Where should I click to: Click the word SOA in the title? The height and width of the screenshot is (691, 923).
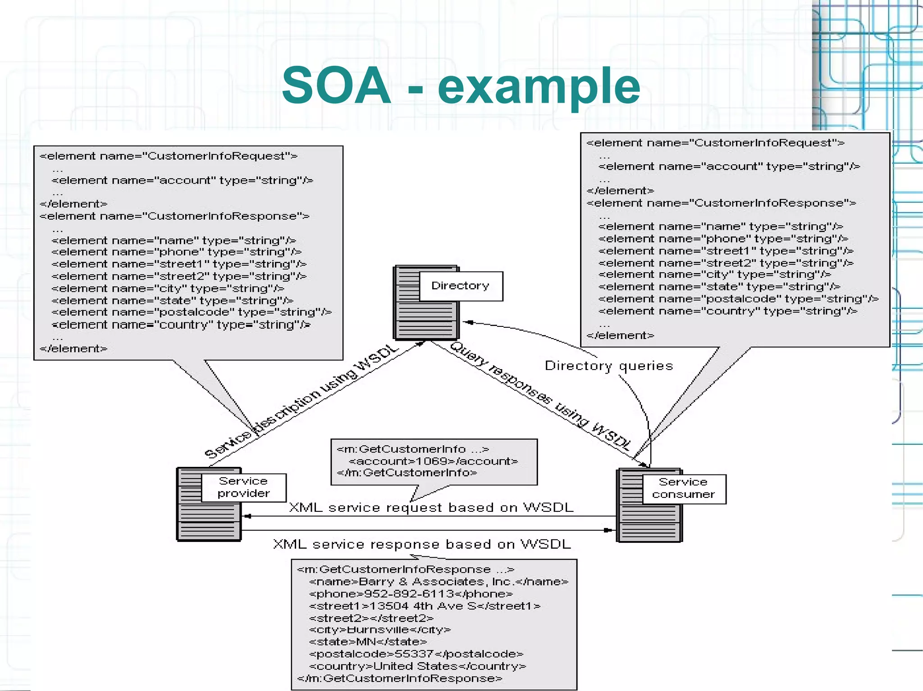click(x=336, y=86)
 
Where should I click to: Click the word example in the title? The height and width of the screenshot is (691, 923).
click(x=539, y=86)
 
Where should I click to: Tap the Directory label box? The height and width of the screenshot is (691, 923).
click(x=461, y=286)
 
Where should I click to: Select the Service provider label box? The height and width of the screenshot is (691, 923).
click(x=243, y=487)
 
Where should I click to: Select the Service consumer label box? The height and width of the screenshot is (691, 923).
click(x=683, y=488)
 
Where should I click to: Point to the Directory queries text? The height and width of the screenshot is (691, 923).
click(x=608, y=366)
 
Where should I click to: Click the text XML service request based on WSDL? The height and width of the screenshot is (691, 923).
click(x=431, y=508)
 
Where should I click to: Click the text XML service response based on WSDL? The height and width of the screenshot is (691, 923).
click(x=422, y=544)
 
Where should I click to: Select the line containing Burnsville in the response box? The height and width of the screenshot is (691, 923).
click(x=379, y=630)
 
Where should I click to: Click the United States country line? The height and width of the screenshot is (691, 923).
click(x=417, y=666)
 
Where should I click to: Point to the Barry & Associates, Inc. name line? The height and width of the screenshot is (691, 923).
click(x=438, y=582)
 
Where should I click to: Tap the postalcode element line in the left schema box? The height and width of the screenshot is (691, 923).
click(x=191, y=312)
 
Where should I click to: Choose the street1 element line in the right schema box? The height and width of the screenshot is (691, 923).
click(x=726, y=251)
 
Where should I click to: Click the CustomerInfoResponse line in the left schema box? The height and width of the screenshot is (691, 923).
click(x=174, y=216)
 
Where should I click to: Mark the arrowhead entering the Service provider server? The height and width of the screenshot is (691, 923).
click(x=247, y=516)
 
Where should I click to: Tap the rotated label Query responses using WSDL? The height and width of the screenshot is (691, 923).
click(x=541, y=396)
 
